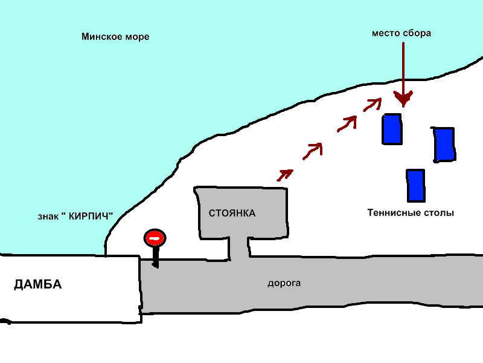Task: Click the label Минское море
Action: point(115,37)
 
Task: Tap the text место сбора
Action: point(401,33)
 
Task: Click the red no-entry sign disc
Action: point(155,238)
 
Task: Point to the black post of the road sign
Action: point(156,257)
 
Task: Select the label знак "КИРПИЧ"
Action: point(75,216)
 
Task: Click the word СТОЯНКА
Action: point(232,214)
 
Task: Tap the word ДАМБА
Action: point(37,284)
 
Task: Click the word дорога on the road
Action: point(284,283)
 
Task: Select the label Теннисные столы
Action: point(411,213)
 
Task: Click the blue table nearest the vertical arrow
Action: point(392,129)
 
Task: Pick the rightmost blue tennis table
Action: point(444,145)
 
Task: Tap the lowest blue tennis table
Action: point(416,186)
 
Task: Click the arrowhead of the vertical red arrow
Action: point(403,99)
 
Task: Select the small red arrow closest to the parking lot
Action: point(284,175)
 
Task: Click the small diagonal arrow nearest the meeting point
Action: point(373,104)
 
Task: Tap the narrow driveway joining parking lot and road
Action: point(239,248)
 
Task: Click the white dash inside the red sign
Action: point(155,238)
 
